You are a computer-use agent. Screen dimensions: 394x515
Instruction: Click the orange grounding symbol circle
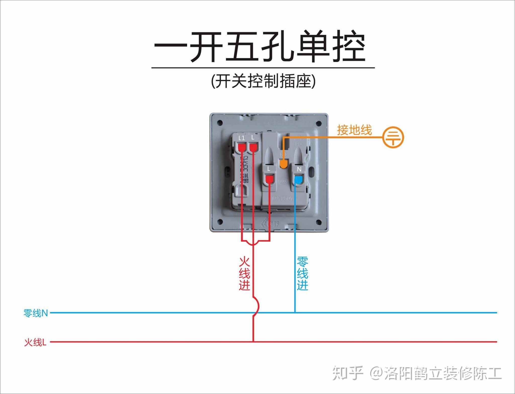click(x=393, y=138)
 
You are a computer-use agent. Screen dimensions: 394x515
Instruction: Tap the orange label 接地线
click(x=354, y=130)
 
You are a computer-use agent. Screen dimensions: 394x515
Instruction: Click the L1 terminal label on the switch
click(x=242, y=138)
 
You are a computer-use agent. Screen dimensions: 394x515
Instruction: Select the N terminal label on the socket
click(x=299, y=169)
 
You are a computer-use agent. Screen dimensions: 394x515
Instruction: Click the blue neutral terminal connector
click(x=298, y=180)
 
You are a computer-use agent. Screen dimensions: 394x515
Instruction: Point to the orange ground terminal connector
click(x=283, y=164)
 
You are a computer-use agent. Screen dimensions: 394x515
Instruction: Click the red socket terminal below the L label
click(x=270, y=179)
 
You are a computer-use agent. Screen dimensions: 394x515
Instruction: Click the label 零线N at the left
click(x=35, y=313)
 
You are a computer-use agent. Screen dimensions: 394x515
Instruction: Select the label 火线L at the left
click(x=35, y=342)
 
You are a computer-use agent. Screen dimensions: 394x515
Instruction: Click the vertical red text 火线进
click(x=244, y=273)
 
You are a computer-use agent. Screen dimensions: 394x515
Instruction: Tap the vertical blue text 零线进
click(x=302, y=273)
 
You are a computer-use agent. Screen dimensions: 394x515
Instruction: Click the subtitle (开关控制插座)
click(x=263, y=81)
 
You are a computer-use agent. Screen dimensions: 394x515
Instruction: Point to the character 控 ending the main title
click(x=349, y=47)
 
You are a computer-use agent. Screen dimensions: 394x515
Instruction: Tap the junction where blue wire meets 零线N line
click(x=295, y=313)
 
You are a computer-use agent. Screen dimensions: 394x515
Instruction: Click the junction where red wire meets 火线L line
click(x=253, y=342)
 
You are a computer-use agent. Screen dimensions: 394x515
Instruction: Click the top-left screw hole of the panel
click(x=220, y=123)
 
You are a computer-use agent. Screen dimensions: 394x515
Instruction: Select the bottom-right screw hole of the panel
click(x=319, y=222)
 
